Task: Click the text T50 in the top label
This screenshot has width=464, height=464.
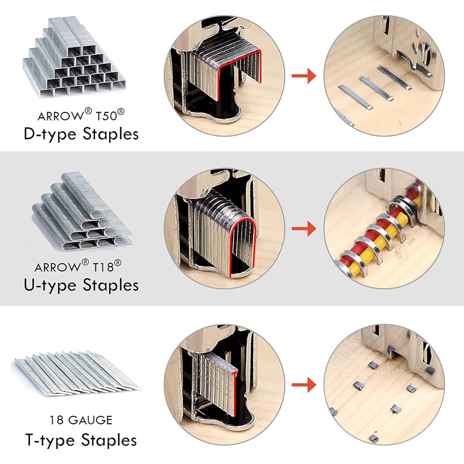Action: coord(106,116)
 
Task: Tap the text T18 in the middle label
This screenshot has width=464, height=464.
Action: coord(103,267)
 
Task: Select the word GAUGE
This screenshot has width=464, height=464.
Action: coord(90,420)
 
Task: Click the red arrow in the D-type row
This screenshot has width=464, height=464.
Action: coord(304,76)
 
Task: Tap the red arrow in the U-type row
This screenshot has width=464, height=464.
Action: coord(304,229)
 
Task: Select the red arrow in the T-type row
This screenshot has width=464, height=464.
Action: coord(304,385)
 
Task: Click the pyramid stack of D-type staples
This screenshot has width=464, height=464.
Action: coord(74,57)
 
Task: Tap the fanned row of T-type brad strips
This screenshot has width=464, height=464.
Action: coord(77,373)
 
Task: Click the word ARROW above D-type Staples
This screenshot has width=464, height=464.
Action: coord(60,116)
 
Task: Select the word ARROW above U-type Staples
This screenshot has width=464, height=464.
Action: coord(58,267)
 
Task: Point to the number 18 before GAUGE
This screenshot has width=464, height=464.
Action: coord(57,420)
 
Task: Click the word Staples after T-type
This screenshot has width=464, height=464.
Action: coord(109,440)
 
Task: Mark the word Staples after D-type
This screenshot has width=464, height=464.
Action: coord(111,134)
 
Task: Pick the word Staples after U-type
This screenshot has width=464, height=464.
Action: coord(111,285)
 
